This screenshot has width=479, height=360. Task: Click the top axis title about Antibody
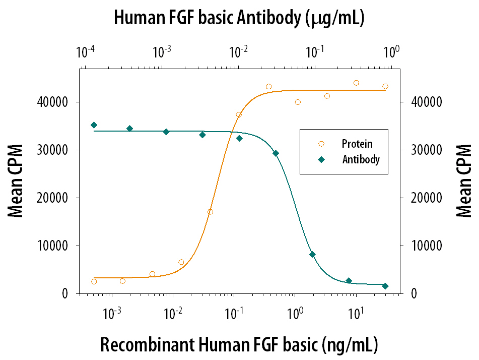[x=239, y=18]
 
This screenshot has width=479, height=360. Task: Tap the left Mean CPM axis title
[x=16, y=181]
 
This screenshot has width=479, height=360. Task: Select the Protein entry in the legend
[x=357, y=144]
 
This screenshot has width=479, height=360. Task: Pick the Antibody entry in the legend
[x=361, y=159]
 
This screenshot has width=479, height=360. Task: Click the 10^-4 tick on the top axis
[x=86, y=51]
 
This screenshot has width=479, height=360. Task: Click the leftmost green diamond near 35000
[x=94, y=125]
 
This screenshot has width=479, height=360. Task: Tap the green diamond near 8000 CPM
[x=312, y=255]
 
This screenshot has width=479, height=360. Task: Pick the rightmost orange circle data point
[x=385, y=86]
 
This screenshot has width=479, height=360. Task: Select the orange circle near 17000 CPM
[x=210, y=212]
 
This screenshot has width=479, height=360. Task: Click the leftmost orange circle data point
[x=94, y=281]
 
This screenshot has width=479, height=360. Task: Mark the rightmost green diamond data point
[x=385, y=286]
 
